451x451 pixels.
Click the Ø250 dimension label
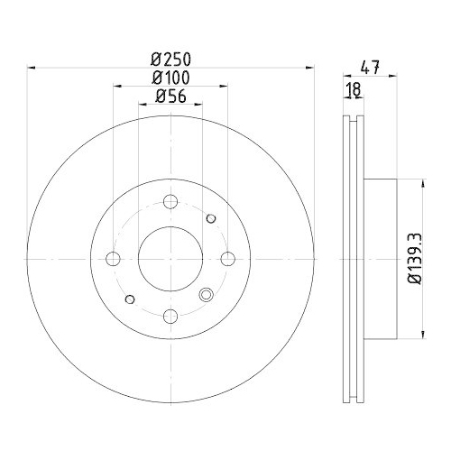tap(170, 59)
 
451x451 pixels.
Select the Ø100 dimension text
tap(170, 78)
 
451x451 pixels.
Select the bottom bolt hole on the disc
tap(170, 316)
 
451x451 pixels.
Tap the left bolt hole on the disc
tap(113, 259)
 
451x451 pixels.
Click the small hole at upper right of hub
tap(211, 218)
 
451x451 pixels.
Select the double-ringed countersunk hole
tap(206, 293)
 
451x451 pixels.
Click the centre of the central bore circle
tap(170, 259)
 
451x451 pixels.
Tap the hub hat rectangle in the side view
tap(380, 259)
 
